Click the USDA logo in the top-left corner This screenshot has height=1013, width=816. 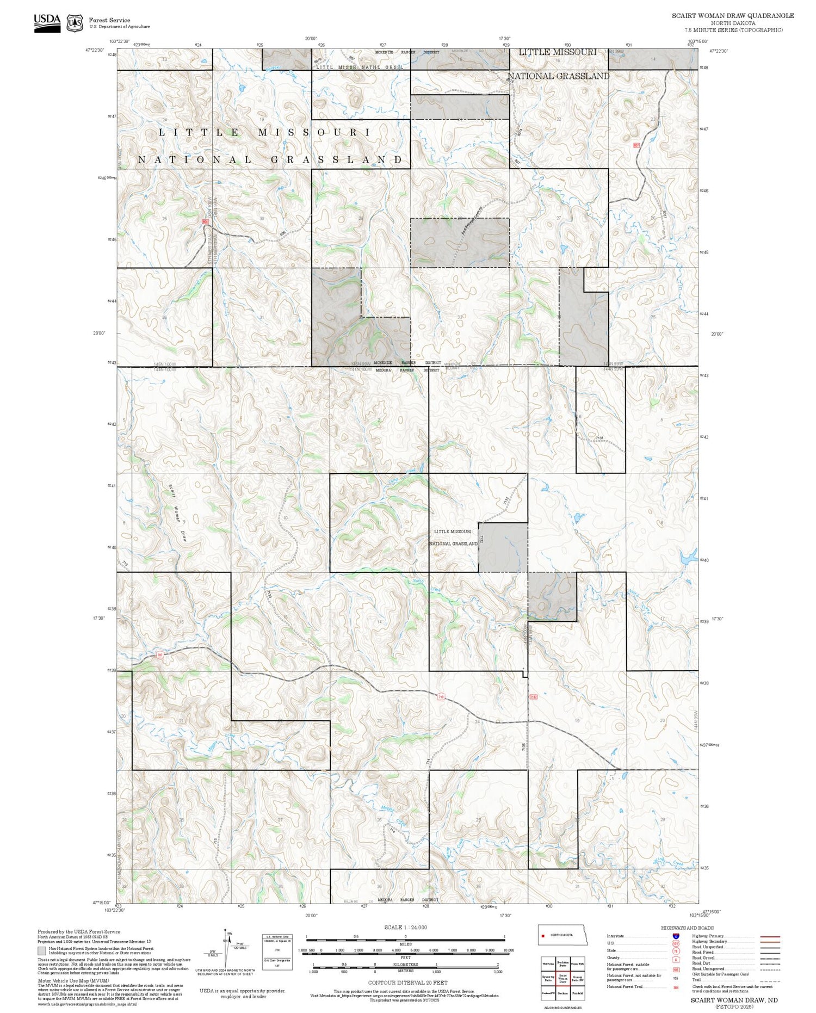coord(47,22)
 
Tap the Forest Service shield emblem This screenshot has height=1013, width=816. coord(74,23)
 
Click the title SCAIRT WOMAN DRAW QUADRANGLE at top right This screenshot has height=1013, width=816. coord(732,16)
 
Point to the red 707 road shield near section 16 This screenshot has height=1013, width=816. coord(160,654)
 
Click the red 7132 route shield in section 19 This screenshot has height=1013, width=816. coord(533,696)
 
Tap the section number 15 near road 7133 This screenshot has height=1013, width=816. coord(285,617)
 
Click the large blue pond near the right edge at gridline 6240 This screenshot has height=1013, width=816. coord(687,557)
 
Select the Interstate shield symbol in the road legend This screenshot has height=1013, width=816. coord(675,936)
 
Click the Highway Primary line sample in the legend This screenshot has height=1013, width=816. coord(769,937)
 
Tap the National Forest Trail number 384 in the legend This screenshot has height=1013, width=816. coord(676,987)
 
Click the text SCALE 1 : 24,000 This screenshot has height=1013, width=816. coord(405,928)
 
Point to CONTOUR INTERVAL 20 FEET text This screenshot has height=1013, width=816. coord(407,983)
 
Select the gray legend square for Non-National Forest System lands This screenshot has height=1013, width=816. coord(42,951)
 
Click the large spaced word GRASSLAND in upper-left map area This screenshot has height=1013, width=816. coord(337,159)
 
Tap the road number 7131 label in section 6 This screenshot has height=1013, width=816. coord(599,438)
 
